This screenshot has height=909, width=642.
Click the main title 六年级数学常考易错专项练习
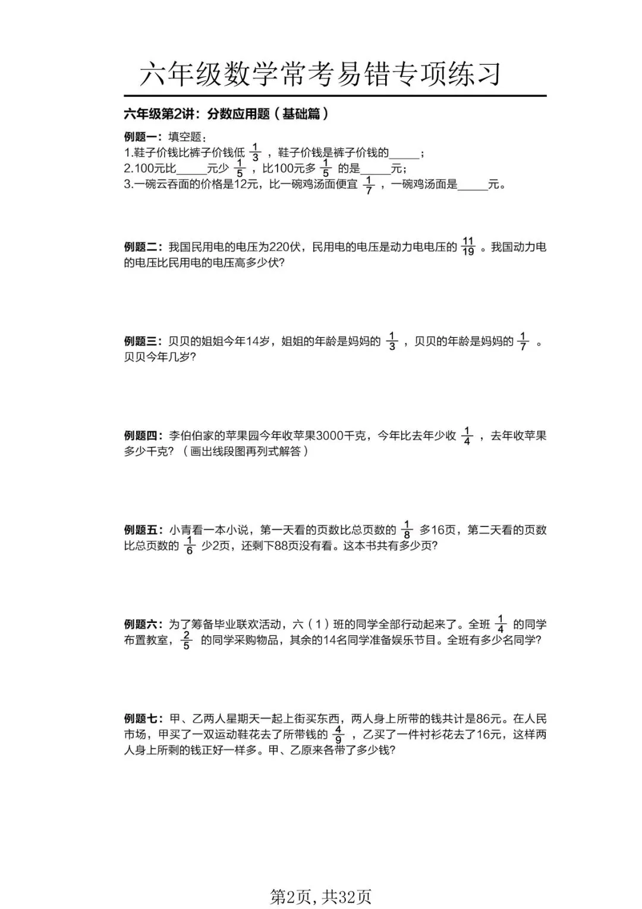pyautogui.click(x=320, y=75)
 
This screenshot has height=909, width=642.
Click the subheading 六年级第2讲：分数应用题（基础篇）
pyautogui.click(x=226, y=114)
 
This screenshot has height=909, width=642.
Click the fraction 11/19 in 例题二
pyautogui.click(x=468, y=247)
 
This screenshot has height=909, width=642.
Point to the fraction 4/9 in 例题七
pyautogui.click(x=338, y=735)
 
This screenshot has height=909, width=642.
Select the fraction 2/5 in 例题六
pyautogui.click(x=187, y=641)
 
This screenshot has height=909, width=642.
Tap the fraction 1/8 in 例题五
pyautogui.click(x=407, y=530)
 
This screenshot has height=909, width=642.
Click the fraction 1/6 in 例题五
pyautogui.click(x=190, y=546)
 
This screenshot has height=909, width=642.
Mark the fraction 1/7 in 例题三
pyautogui.click(x=523, y=341)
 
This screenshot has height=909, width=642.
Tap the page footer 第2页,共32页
pyautogui.click(x=320, y=897)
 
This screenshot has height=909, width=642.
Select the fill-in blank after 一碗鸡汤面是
pyautogui.click(x=473, y=185)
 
